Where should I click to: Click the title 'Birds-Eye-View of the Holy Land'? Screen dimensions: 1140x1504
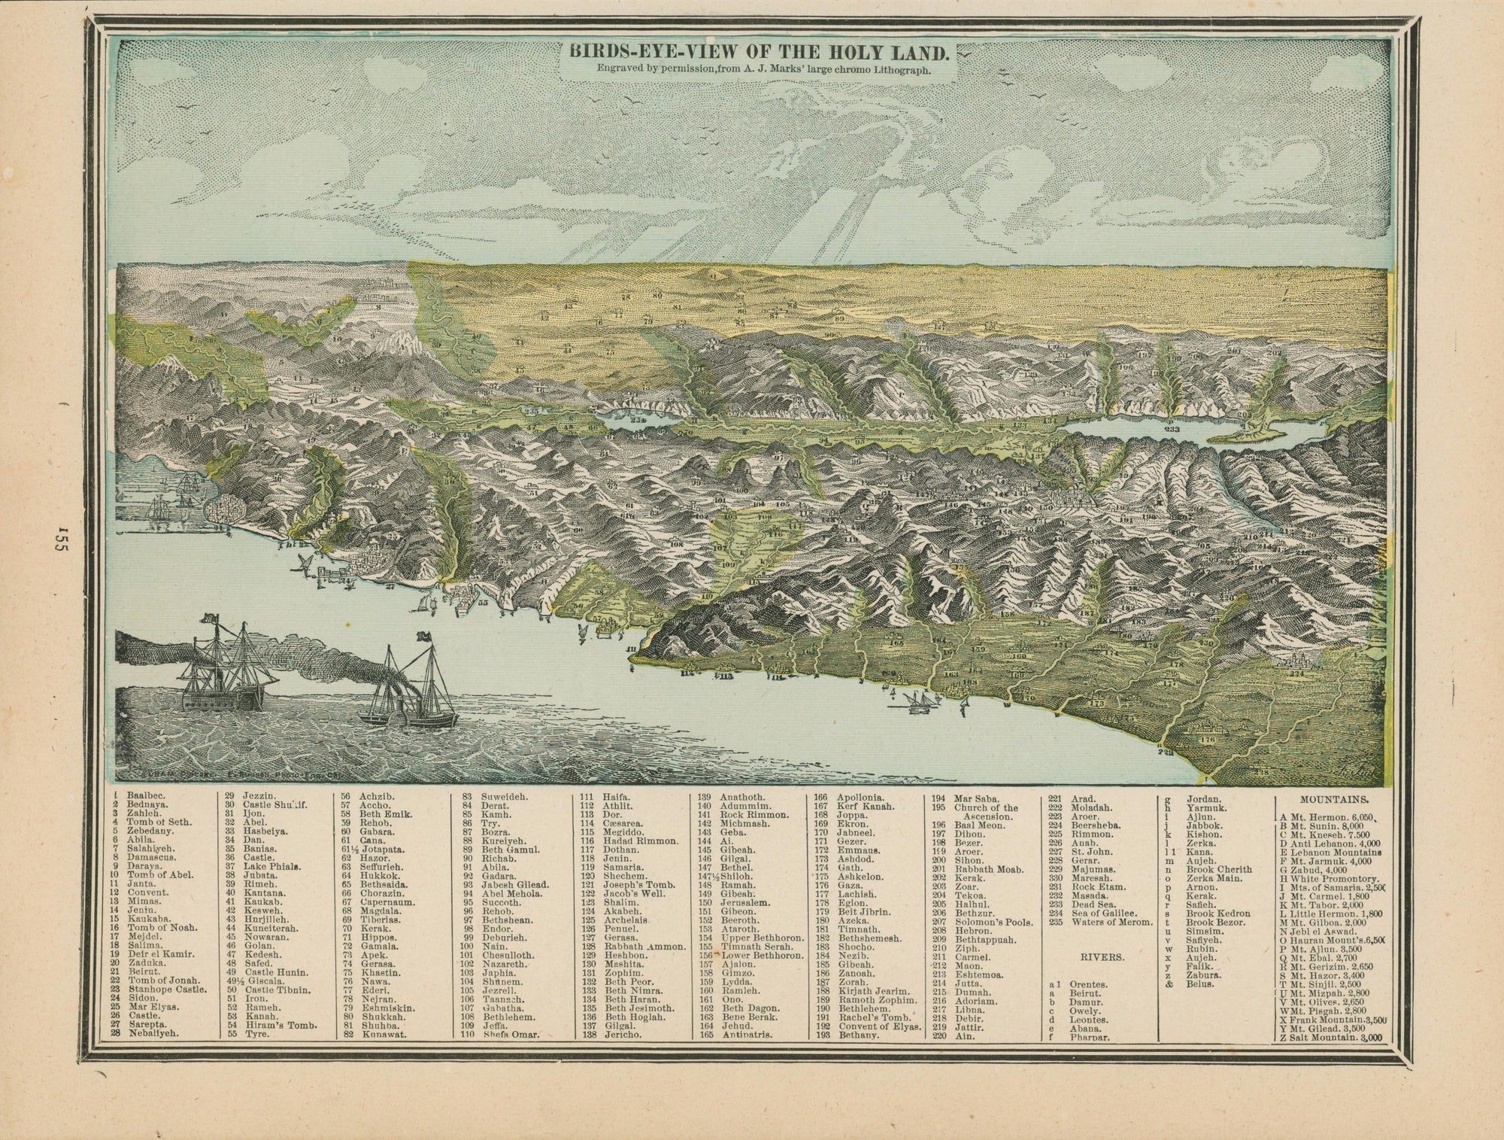pos(757,53)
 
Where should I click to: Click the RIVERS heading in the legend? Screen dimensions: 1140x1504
pos(1102,957)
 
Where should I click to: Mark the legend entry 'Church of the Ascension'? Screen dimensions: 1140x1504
pos(985,812)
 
